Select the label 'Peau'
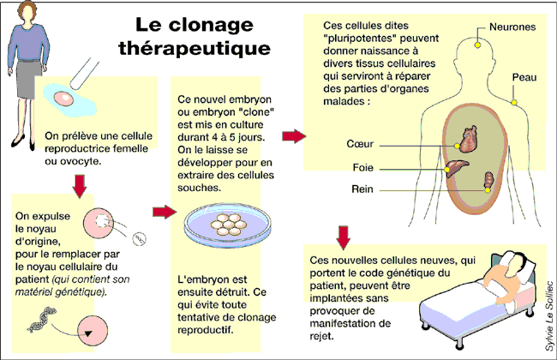(524, 77)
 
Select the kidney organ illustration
(488, 180)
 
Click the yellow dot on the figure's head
(476, 40)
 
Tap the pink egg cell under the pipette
(65, 99)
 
